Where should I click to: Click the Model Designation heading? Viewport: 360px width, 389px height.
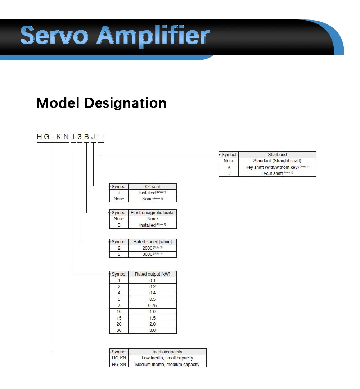[x=101, y=103]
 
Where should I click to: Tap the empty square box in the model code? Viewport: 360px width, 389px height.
[x=101, y=137]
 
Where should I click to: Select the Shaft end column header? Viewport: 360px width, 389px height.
[x=277, y=155]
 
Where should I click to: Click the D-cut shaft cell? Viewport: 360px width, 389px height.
[x=277, y=173]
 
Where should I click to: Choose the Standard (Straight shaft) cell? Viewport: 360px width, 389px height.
[x=277, y=161]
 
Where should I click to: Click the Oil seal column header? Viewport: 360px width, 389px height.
[x=152, y=187]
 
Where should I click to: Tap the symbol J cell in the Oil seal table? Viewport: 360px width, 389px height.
[x=119, y=193]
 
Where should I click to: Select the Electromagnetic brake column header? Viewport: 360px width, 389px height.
[x=152, y=213]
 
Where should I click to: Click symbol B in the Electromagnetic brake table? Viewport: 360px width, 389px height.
[x=119, y=225]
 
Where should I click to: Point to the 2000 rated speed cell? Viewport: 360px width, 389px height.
[x=152, y=248]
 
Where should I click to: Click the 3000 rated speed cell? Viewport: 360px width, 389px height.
[x=152, y=254]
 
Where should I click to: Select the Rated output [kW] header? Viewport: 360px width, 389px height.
[x=152, y=274]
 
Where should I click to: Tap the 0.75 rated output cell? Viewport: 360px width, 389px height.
[x=152, y=306]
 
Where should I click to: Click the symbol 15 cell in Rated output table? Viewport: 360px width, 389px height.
[x=119, y=318]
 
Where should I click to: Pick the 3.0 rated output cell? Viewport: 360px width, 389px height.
[x=152, y=330]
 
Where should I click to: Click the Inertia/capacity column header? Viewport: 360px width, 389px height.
[x=167, y=352]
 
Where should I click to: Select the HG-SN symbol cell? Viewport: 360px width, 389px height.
[x=119, y=365]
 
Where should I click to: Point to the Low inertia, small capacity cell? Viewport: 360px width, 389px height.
[x=167, y=358]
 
